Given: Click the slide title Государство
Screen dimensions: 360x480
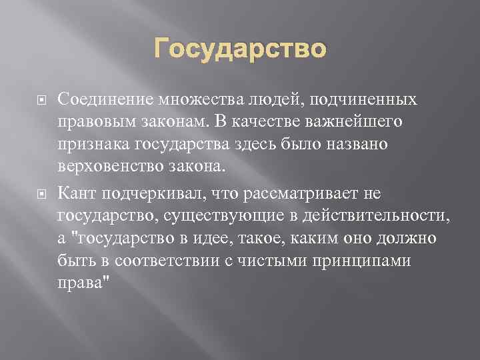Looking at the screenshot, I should tap(241, 49).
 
